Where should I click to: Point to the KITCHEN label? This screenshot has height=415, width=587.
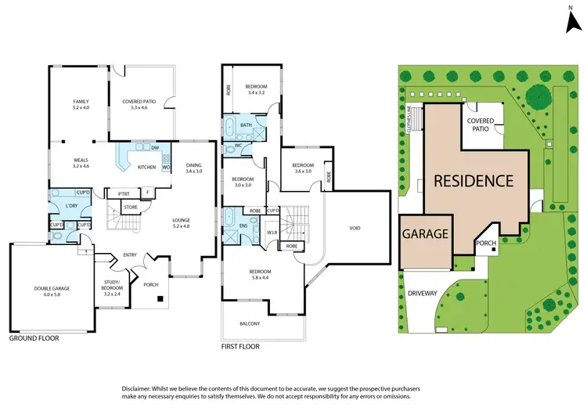pos(147,167)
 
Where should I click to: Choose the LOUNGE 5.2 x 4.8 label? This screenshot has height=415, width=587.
pos(182,223)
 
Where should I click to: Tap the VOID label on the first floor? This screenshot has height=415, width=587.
pos(355,229)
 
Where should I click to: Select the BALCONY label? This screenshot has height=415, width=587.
pos(249,323)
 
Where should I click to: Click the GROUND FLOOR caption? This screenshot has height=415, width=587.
pos(34,339)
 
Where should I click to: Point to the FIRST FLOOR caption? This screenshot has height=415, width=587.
pos(241,345)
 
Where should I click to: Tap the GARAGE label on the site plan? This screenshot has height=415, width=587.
pos(426,233)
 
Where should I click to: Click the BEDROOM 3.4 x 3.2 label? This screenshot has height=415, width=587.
pos(257,89)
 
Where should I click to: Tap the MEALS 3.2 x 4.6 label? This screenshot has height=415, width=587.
pos(81,162)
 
